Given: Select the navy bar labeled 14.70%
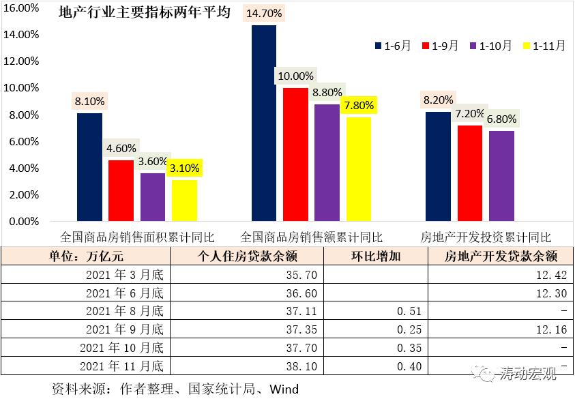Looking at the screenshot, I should [264, 123].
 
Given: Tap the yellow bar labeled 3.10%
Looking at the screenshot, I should [184, 200].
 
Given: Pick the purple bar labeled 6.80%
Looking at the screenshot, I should [502, 175].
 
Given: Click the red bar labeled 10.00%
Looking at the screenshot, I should [295, 154].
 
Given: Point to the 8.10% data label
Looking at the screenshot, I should [90, 102].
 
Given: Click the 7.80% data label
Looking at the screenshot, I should [358, 106].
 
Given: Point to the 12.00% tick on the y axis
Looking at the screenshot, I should [23, 61].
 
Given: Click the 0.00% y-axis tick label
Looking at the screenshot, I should [24, 222].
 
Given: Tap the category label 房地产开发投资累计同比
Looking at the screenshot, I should [486, 237].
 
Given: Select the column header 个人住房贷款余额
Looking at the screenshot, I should [247, 256].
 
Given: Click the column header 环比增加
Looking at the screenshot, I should [376, 256].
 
